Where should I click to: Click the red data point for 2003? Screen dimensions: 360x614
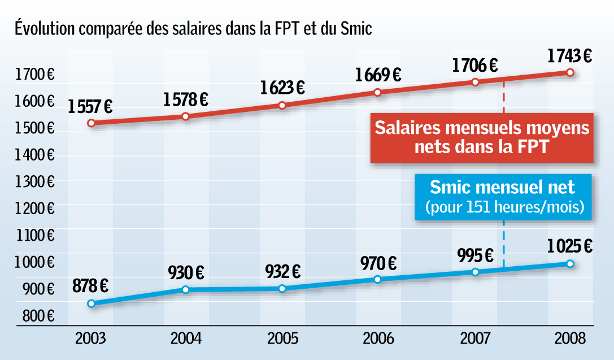[x=91, y=123]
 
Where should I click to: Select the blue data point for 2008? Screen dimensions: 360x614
[x=570, y=264]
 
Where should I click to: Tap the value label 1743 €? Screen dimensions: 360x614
[x=569, y=56]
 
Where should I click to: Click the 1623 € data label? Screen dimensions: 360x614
[x=282, y=88]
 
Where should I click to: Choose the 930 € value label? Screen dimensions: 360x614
[x=186, y=272]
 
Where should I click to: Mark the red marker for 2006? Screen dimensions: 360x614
[x=378, y=92]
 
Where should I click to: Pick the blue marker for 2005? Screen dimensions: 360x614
[x=282, y=288]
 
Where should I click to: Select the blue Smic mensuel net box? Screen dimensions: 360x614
[x=503, y=196]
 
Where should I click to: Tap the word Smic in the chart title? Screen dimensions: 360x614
[x=356, y=28]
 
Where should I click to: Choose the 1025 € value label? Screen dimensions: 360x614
[x=569, y=247]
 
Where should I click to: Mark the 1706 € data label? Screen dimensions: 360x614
[x=474, y=66]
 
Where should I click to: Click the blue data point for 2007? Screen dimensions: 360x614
[x=475, y=272]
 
